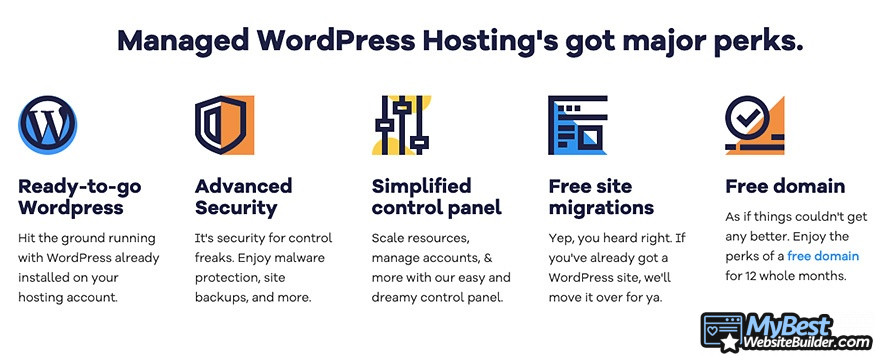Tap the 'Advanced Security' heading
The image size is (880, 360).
[x=243, y=197]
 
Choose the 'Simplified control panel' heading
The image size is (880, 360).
[x=436, y=197]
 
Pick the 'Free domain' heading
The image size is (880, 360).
[x=785, y=186]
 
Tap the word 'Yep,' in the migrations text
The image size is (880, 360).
[x=564, y=238]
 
